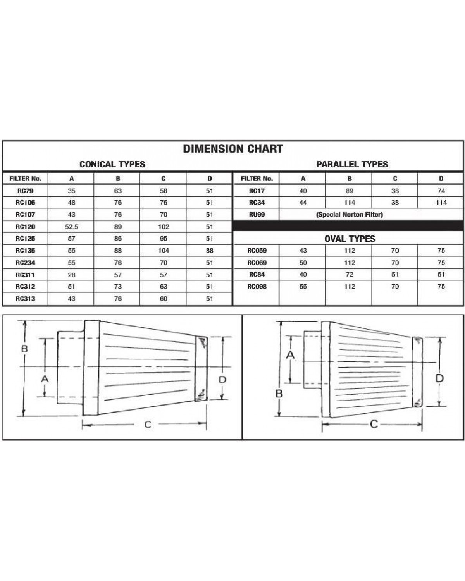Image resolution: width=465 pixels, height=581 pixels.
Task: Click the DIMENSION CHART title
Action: pos(232,149)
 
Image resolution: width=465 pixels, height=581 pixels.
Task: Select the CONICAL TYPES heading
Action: pos(112,164)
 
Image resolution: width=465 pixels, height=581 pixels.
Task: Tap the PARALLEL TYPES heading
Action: pos(352,164)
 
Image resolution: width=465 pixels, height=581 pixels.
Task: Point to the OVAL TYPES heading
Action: pos(350,239)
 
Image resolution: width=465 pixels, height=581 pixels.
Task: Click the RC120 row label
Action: pos(25,227)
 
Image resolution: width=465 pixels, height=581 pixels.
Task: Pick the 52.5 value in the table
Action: pos(71,227)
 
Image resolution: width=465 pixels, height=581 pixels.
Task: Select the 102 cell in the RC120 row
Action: pos(163,227)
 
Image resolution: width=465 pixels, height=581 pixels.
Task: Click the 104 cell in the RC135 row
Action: pos(163,251)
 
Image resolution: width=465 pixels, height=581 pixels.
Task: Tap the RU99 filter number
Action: pos(257,215)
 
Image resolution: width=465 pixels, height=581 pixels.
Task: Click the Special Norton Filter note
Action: pos(350,215)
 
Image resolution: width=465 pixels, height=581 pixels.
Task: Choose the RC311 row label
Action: pos(25,275)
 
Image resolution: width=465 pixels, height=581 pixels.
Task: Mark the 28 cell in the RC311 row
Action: pos(71,275)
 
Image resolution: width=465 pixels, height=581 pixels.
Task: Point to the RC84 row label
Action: pos(257,274)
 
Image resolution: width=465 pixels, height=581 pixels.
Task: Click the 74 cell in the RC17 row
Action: pos(441,191)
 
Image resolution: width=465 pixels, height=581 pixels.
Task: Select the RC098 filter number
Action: pos(257,287)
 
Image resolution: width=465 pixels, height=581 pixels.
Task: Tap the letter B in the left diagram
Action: pos(24,349)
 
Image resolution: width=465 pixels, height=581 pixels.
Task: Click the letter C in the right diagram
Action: pos(374,424)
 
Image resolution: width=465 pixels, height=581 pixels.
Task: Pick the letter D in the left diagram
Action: pos(222,380)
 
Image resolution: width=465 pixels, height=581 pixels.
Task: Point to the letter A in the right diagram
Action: pos(290,354)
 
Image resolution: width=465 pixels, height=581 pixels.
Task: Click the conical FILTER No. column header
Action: pos(25,179)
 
